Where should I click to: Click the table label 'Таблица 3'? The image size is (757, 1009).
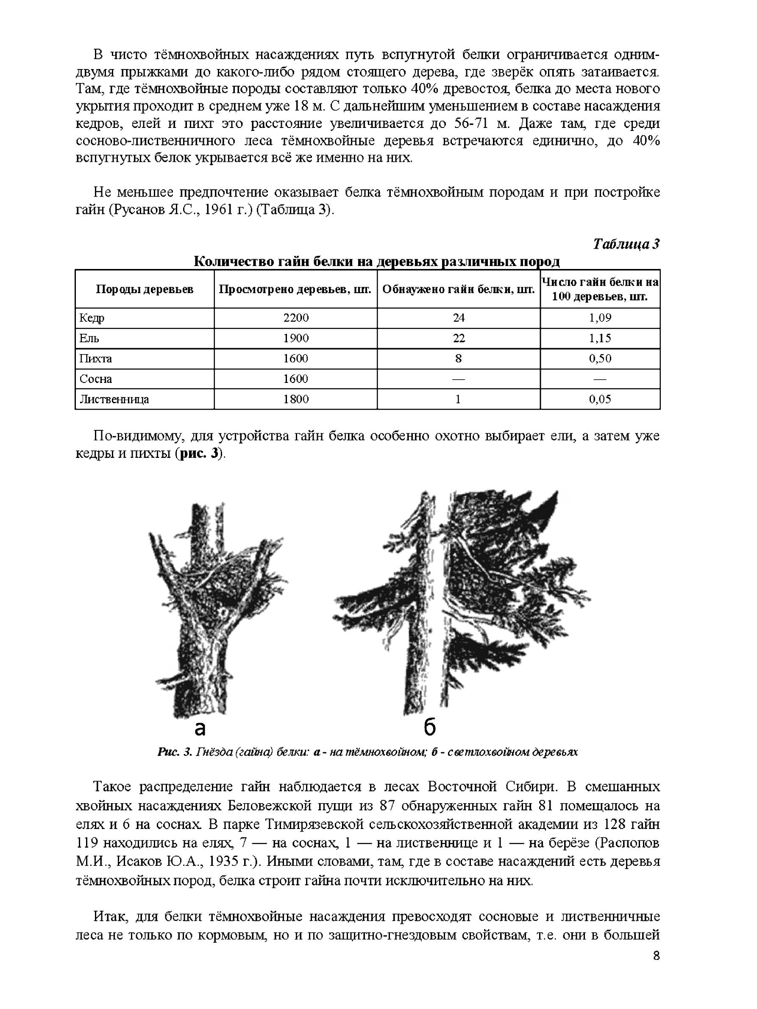[626, 244]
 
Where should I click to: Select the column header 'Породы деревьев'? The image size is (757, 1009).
[144, 289]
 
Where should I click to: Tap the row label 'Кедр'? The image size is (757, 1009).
[92, 318]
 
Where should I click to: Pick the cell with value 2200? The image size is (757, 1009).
[296, 318]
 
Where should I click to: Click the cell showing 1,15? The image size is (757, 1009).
[600, 338]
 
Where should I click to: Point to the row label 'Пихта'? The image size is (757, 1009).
[95, 358]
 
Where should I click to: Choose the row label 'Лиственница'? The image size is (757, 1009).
[114, 399]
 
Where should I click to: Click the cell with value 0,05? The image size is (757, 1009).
[600, 399]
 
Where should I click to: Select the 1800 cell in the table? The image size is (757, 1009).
[296, 399]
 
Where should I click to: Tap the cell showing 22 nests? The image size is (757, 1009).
[459, 338]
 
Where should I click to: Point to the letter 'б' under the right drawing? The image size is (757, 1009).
[429, 728]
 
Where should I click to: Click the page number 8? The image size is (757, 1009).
[656, 969]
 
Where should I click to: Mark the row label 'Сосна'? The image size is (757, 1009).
[95, 379]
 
